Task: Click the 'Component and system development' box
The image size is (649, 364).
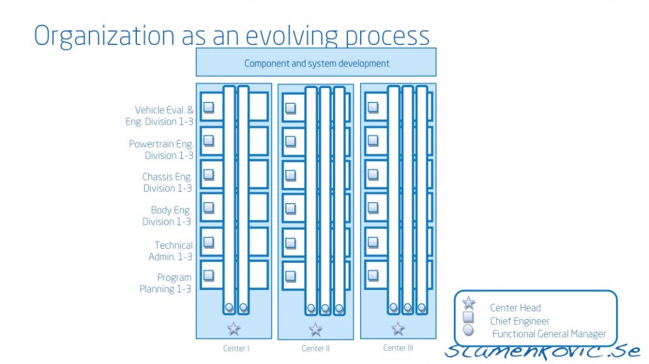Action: tap(316, 63)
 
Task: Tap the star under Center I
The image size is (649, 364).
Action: tap(234, 329)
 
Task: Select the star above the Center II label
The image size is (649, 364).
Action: tap(316, 329)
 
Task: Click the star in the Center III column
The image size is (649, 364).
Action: tap(398, 329)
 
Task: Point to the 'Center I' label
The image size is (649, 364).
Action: tap(236, 348)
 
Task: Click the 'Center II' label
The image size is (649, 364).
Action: tap(316, 348)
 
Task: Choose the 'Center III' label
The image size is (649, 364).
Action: tap(398, 348)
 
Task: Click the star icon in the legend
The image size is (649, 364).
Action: tap(469, 304)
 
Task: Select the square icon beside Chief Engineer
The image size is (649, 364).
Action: tap(469, 318)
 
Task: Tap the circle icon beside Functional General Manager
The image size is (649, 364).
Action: tap(469, 330)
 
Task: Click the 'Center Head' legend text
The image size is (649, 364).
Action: tap(515, 308)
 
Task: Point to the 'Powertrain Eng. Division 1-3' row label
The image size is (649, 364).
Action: tap(161, 149)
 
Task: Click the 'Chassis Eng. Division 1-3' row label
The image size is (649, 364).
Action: tap(167, 182)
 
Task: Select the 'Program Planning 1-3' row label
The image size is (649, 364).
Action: tap(166, 283)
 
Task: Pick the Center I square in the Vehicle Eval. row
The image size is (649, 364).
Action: tap(209, 107)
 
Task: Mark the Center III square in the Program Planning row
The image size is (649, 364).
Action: tap(373, 275)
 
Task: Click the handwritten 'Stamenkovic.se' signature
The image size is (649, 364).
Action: tap(546, 349)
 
